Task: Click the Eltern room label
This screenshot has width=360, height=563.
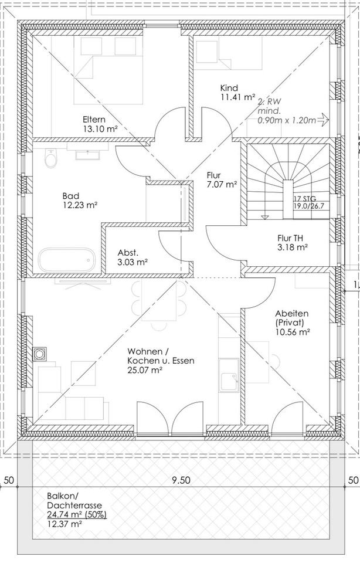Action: pyautogui.click(x=94, y=119)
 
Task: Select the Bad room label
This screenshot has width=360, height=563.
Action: pyautogui.click(x=71, y=196)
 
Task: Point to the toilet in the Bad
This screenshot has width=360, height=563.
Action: pyautogui.click(x=50, y=158)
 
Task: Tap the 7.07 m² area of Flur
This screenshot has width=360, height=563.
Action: pyautogui.click(x=222, y=184)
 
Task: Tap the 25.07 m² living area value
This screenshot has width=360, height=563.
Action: pyautogui.click(x=144, y=371)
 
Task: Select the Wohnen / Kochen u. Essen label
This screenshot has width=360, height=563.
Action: pyautogui.click(x=160, y=356)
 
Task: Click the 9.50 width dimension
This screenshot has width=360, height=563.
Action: pyautogui.click(x=181, y=480)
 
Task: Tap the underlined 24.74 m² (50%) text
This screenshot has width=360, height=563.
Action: pyautogui.click(x=77, y=515)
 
